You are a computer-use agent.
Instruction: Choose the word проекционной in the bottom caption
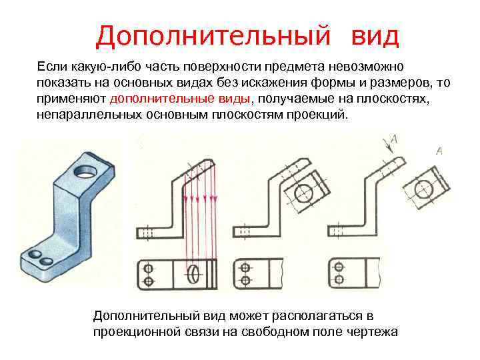coord(133,331)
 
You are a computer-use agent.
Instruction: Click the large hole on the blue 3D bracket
coord(85,171)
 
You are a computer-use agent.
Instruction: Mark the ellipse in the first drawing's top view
coord(194,273)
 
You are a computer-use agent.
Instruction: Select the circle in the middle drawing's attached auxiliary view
coord(303,194)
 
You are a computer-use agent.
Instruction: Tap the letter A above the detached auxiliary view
coord(439,151)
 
